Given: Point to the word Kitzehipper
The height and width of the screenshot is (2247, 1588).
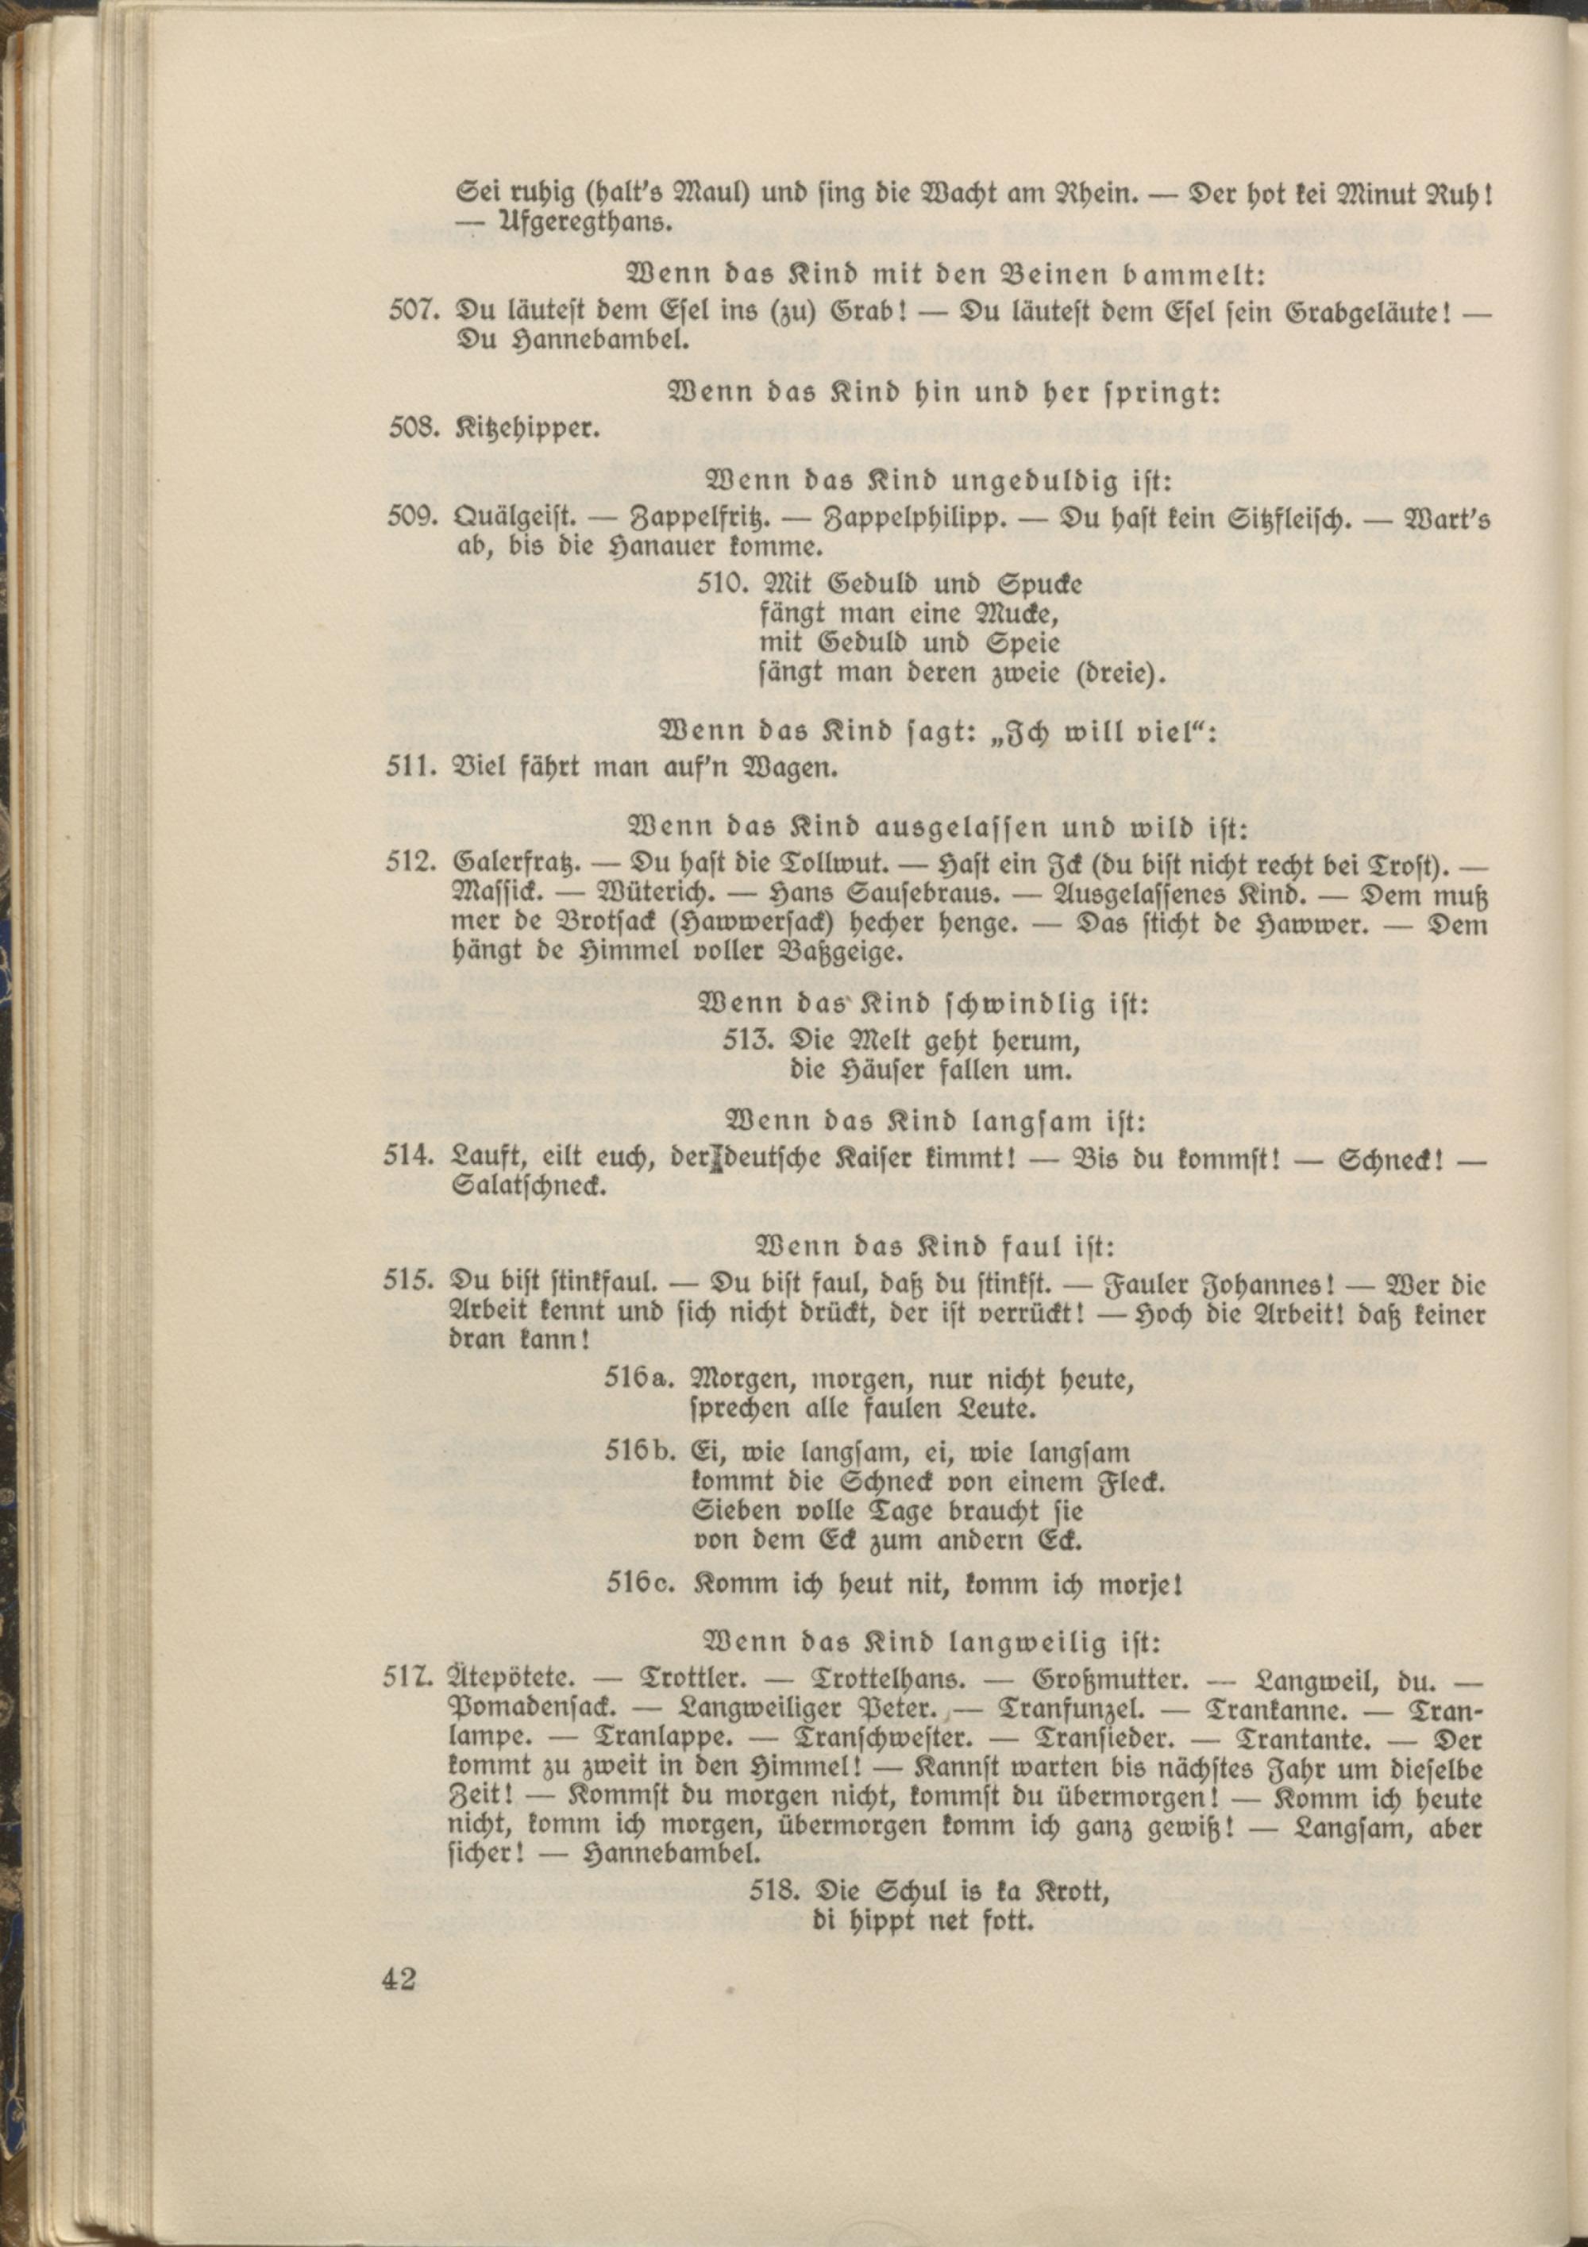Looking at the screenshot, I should coord(528,428).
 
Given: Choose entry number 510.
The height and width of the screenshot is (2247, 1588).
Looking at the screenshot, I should coord(723,585).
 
